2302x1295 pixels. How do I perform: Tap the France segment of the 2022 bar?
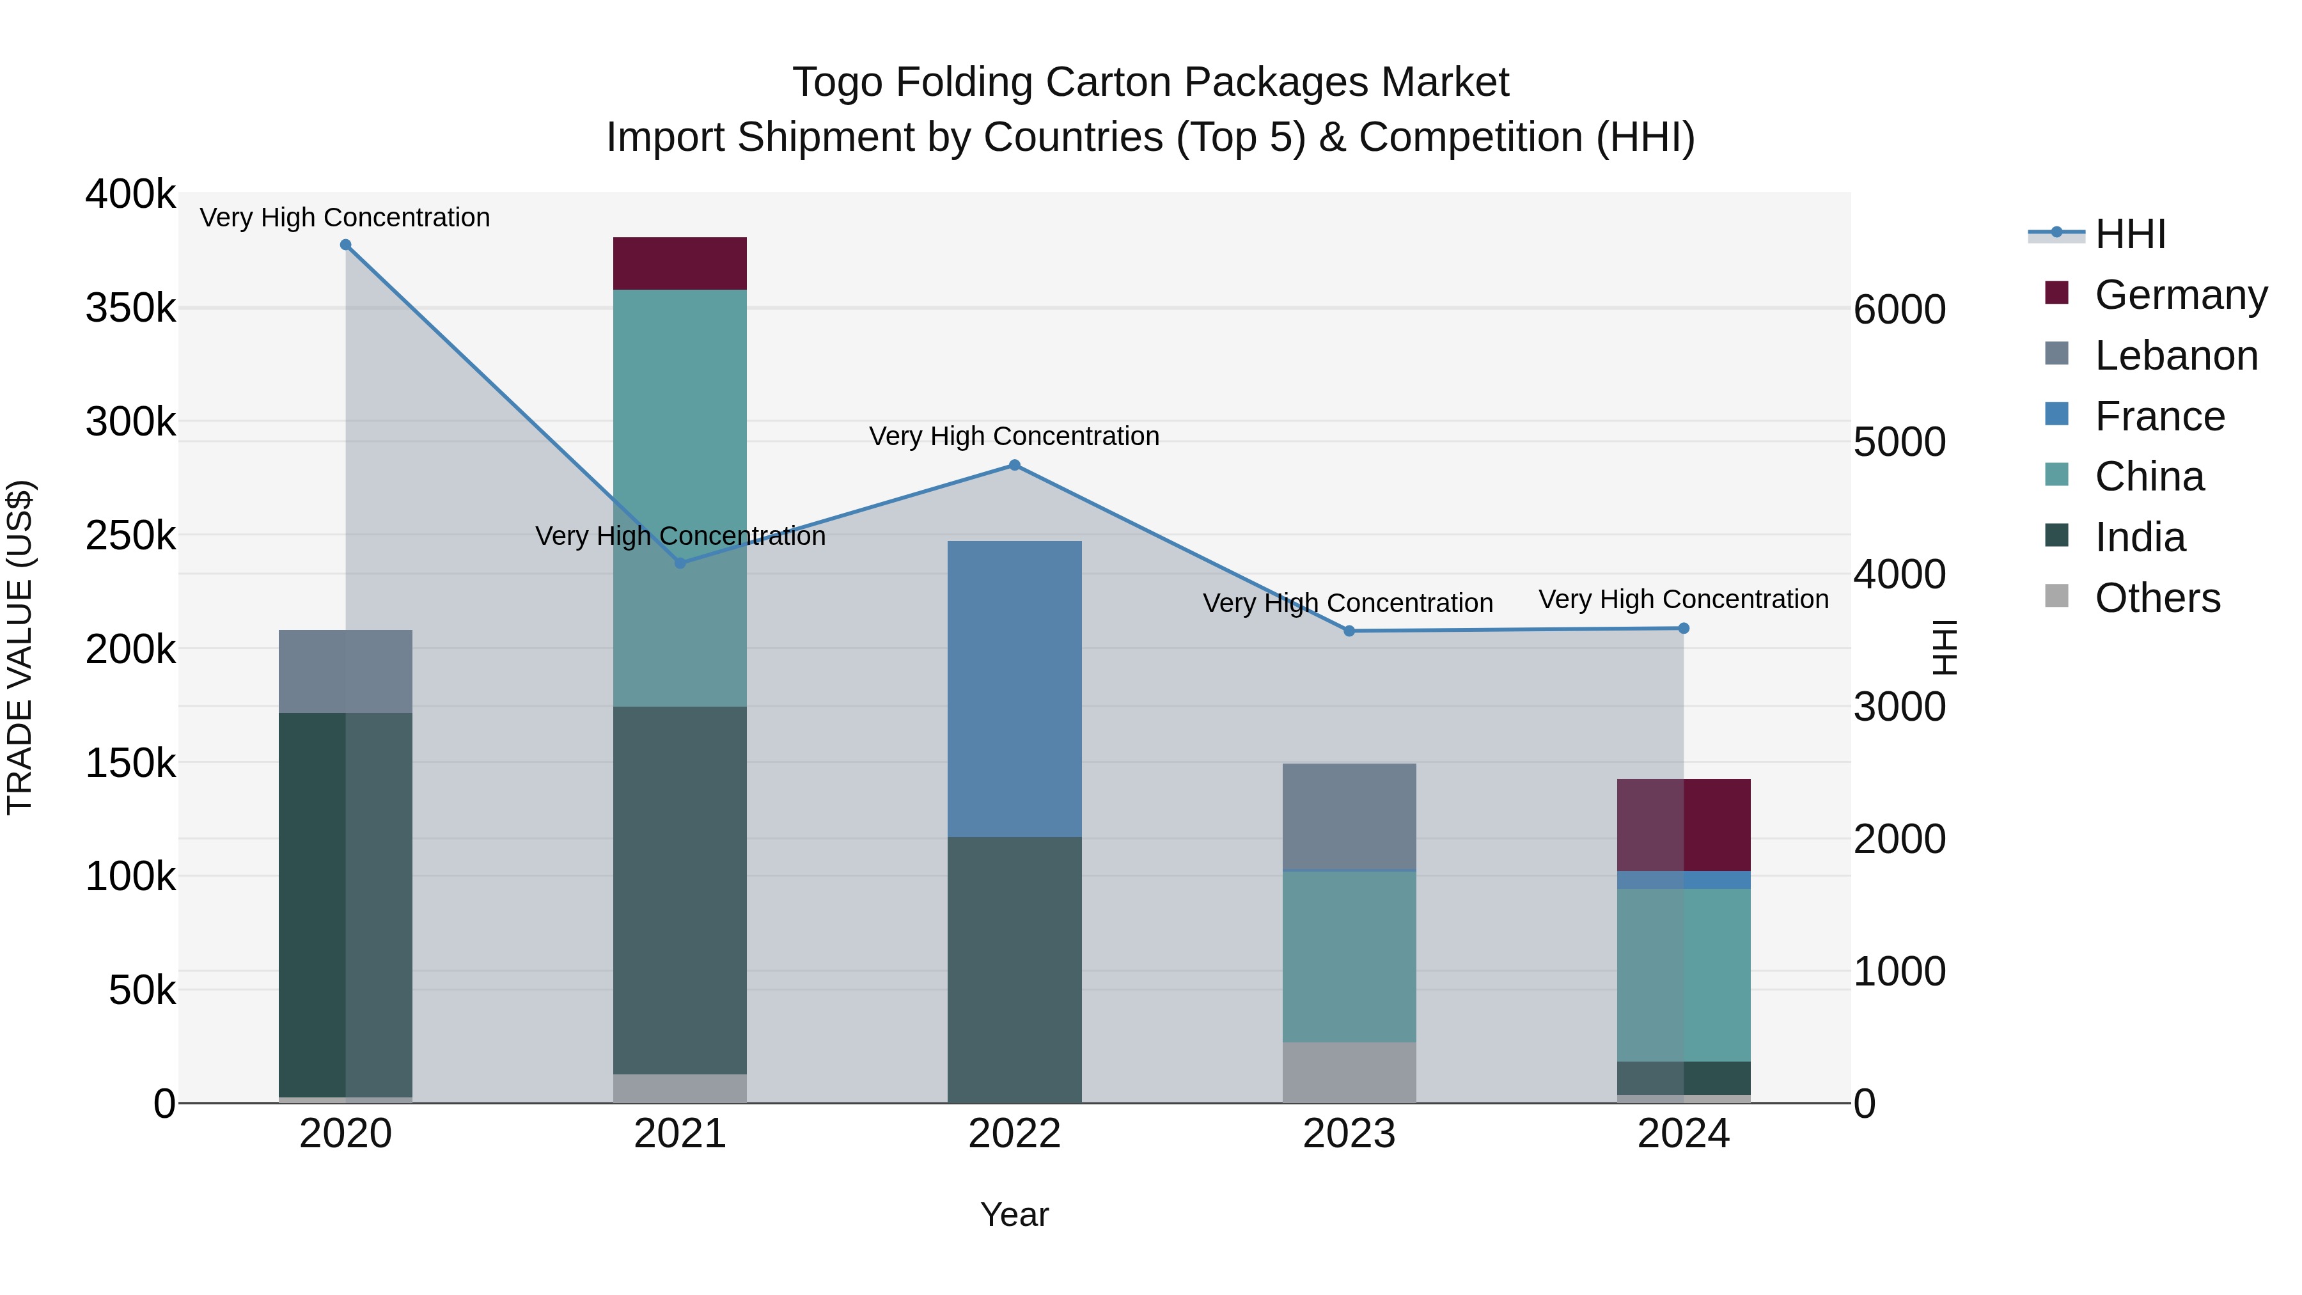pos(1014,688)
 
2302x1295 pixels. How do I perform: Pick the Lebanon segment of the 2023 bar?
pos(1349,816)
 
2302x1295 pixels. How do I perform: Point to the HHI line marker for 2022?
pos(1014,466)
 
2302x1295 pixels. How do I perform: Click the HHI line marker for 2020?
pos(346,245)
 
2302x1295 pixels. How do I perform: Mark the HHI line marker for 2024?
pos(1684,628)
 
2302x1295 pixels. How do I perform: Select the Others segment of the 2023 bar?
pos(1349,1072)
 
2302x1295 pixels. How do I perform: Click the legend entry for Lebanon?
pos(2175,356)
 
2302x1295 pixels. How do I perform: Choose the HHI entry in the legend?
pos(2129,234)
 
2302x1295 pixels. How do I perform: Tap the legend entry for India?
pos(2140,537)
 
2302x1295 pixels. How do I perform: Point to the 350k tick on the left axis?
pos(130,308)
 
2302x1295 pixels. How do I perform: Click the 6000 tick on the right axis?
pos(1899,310)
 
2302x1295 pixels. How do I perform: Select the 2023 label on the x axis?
pos(1349,1134)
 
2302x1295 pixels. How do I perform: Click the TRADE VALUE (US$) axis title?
pos(20,647)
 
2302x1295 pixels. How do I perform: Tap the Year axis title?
pos(1014,1214)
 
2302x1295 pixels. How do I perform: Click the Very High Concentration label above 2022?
pos(1014,436)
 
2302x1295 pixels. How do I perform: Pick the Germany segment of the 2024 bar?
pos(1684,825)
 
